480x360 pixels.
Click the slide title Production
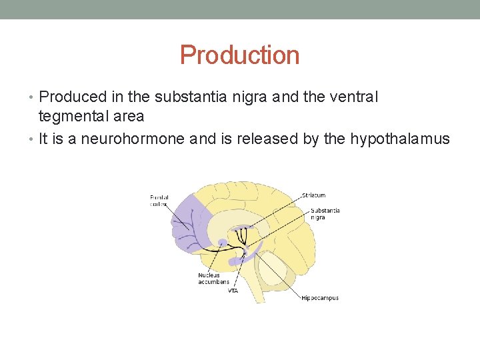click(x=239, y=55)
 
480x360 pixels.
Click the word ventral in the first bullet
click(x=354, y=97)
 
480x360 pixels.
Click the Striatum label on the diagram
click(x=313, y=195)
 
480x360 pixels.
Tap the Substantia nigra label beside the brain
click(x=325, y=214)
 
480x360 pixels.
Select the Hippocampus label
click(x=320, y=298)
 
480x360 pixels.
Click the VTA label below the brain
click(x=233, y=291)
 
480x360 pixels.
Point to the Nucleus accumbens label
click(x=213, y=279)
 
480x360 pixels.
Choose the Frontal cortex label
click(x=159, y=200)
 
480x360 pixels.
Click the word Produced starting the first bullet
click(x=70, y=97)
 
